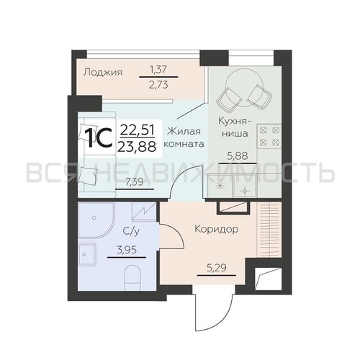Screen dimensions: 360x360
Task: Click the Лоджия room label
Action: click(103, 72)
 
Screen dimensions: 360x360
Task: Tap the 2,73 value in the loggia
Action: click(158, 85)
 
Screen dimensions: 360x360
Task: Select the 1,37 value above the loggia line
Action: click(158, 70)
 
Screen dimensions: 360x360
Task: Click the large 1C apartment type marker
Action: click(99, 138)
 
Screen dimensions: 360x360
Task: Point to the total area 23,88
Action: click(137, 146)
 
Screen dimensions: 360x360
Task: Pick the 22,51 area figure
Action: click(137, 130)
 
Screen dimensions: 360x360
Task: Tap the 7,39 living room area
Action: click(135, 182)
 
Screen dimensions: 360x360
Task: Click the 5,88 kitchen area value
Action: click(238, 156)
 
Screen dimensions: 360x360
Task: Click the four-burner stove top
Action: click(269, 136)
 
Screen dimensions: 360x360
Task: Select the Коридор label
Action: click(217, 229)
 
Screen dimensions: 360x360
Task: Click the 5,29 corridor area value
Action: click(217, 267)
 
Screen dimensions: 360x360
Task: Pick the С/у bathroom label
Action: click(131, 231)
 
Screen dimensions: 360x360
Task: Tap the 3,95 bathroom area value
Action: click(127, 250)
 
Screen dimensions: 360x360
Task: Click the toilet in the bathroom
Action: click(132, 278)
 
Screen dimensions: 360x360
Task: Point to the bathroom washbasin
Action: click(87, 254)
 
